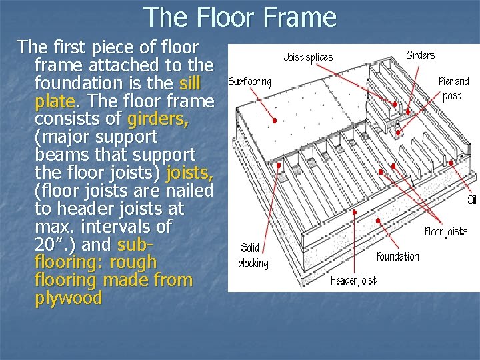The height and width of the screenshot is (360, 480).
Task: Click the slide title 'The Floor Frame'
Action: [240, 17]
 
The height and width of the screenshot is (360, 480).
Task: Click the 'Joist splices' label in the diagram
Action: [308, 57]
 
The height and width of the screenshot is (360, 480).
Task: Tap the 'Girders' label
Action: [420, 55]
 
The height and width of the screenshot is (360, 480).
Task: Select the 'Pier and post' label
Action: [453, 88]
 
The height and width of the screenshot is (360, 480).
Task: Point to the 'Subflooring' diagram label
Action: [250, 82]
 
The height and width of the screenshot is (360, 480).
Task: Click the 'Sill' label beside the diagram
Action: [472, 200]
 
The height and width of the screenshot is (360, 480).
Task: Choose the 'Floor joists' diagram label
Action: [445, 231]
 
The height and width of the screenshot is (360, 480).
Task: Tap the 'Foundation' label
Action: [398, 257]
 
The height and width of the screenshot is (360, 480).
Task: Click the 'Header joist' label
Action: [353, 281]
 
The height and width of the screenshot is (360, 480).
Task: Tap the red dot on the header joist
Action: [355, 212]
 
